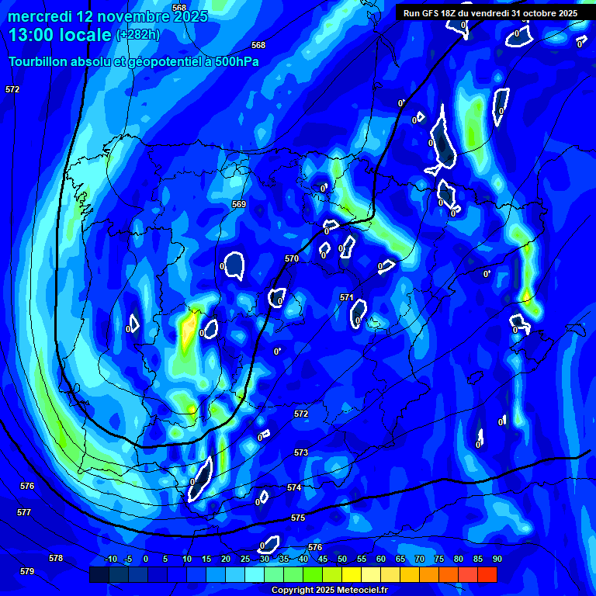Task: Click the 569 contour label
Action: pos(239,204)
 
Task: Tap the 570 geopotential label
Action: pos(292,258)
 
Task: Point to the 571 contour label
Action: pos(347,297)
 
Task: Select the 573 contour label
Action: pos(301,452)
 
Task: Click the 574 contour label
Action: pos(294,487)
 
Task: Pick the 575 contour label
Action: pos(298,518)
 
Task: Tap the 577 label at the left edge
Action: pos(24,512)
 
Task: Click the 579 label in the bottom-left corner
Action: pos(27,571)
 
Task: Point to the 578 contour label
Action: pos(55,558)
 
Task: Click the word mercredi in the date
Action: pos(40,16)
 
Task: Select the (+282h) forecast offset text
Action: pos(137,35)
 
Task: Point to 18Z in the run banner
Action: pos(448,13)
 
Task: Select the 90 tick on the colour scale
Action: pos(497,559)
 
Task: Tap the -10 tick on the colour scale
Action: pos(110,559)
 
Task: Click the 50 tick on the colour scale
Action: pos(342,559)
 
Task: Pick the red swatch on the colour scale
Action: pos(487,574)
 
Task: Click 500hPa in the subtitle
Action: pos(235,62)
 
